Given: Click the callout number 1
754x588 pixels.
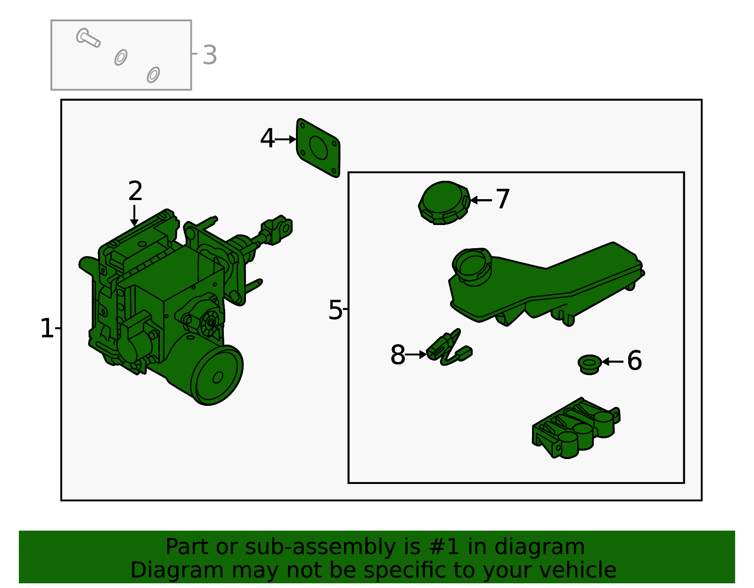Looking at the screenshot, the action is click(47, 328).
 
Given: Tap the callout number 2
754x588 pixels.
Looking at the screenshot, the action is click(135, 191).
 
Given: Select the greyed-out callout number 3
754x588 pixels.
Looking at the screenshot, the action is click(210, 55).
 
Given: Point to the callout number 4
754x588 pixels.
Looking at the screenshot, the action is click(267, 138).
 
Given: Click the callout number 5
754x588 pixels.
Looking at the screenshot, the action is click(335, 310).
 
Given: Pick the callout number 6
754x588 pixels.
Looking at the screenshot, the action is click(635, 360).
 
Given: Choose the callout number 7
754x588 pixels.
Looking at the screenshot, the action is click(503, 199).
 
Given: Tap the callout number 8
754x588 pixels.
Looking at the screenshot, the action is click(398, 354).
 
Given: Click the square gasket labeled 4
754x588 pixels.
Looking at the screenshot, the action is click(318, 148).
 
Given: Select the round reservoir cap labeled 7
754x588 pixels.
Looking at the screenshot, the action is click(444, 203).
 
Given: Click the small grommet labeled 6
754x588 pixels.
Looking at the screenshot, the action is click(590, 364).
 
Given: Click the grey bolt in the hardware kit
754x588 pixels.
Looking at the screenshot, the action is click(88, 38).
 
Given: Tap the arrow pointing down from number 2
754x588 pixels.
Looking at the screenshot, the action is click(134, 216).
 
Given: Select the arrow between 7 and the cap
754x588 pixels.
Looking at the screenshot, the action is click(481, 200).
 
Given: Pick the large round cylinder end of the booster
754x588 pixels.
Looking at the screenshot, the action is click(217, 375).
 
